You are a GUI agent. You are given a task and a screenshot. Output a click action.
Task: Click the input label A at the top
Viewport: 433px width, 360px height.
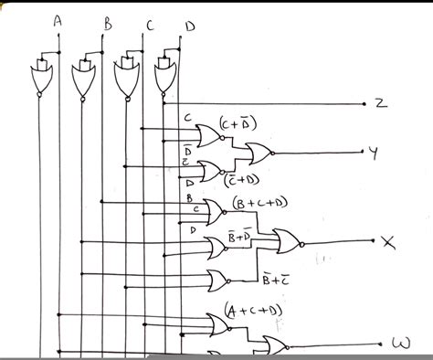point(58,20)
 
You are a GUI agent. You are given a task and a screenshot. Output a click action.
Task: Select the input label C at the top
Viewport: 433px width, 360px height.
point(149,25)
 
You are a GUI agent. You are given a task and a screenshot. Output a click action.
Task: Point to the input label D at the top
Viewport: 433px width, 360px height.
point(189,26)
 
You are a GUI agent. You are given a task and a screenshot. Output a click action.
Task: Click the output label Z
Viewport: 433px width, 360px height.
point(379,103)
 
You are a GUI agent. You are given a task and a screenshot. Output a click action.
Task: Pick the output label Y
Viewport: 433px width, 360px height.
point(372,154)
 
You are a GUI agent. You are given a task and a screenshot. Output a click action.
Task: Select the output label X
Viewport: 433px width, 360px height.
point(386,244)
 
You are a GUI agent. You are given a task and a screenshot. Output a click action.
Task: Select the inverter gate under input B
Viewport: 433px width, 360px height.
point(84,80)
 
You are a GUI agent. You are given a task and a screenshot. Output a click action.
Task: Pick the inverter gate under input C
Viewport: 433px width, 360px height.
point(125,80)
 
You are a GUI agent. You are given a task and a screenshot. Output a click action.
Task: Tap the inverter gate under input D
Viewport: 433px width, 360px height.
point(165,79)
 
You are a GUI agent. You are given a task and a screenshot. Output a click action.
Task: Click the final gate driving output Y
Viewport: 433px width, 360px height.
point(255,153)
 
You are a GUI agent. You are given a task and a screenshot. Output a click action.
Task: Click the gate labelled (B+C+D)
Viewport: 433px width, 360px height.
point(216,212)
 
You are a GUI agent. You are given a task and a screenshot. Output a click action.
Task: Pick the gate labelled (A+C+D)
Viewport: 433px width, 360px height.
point(219,323)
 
